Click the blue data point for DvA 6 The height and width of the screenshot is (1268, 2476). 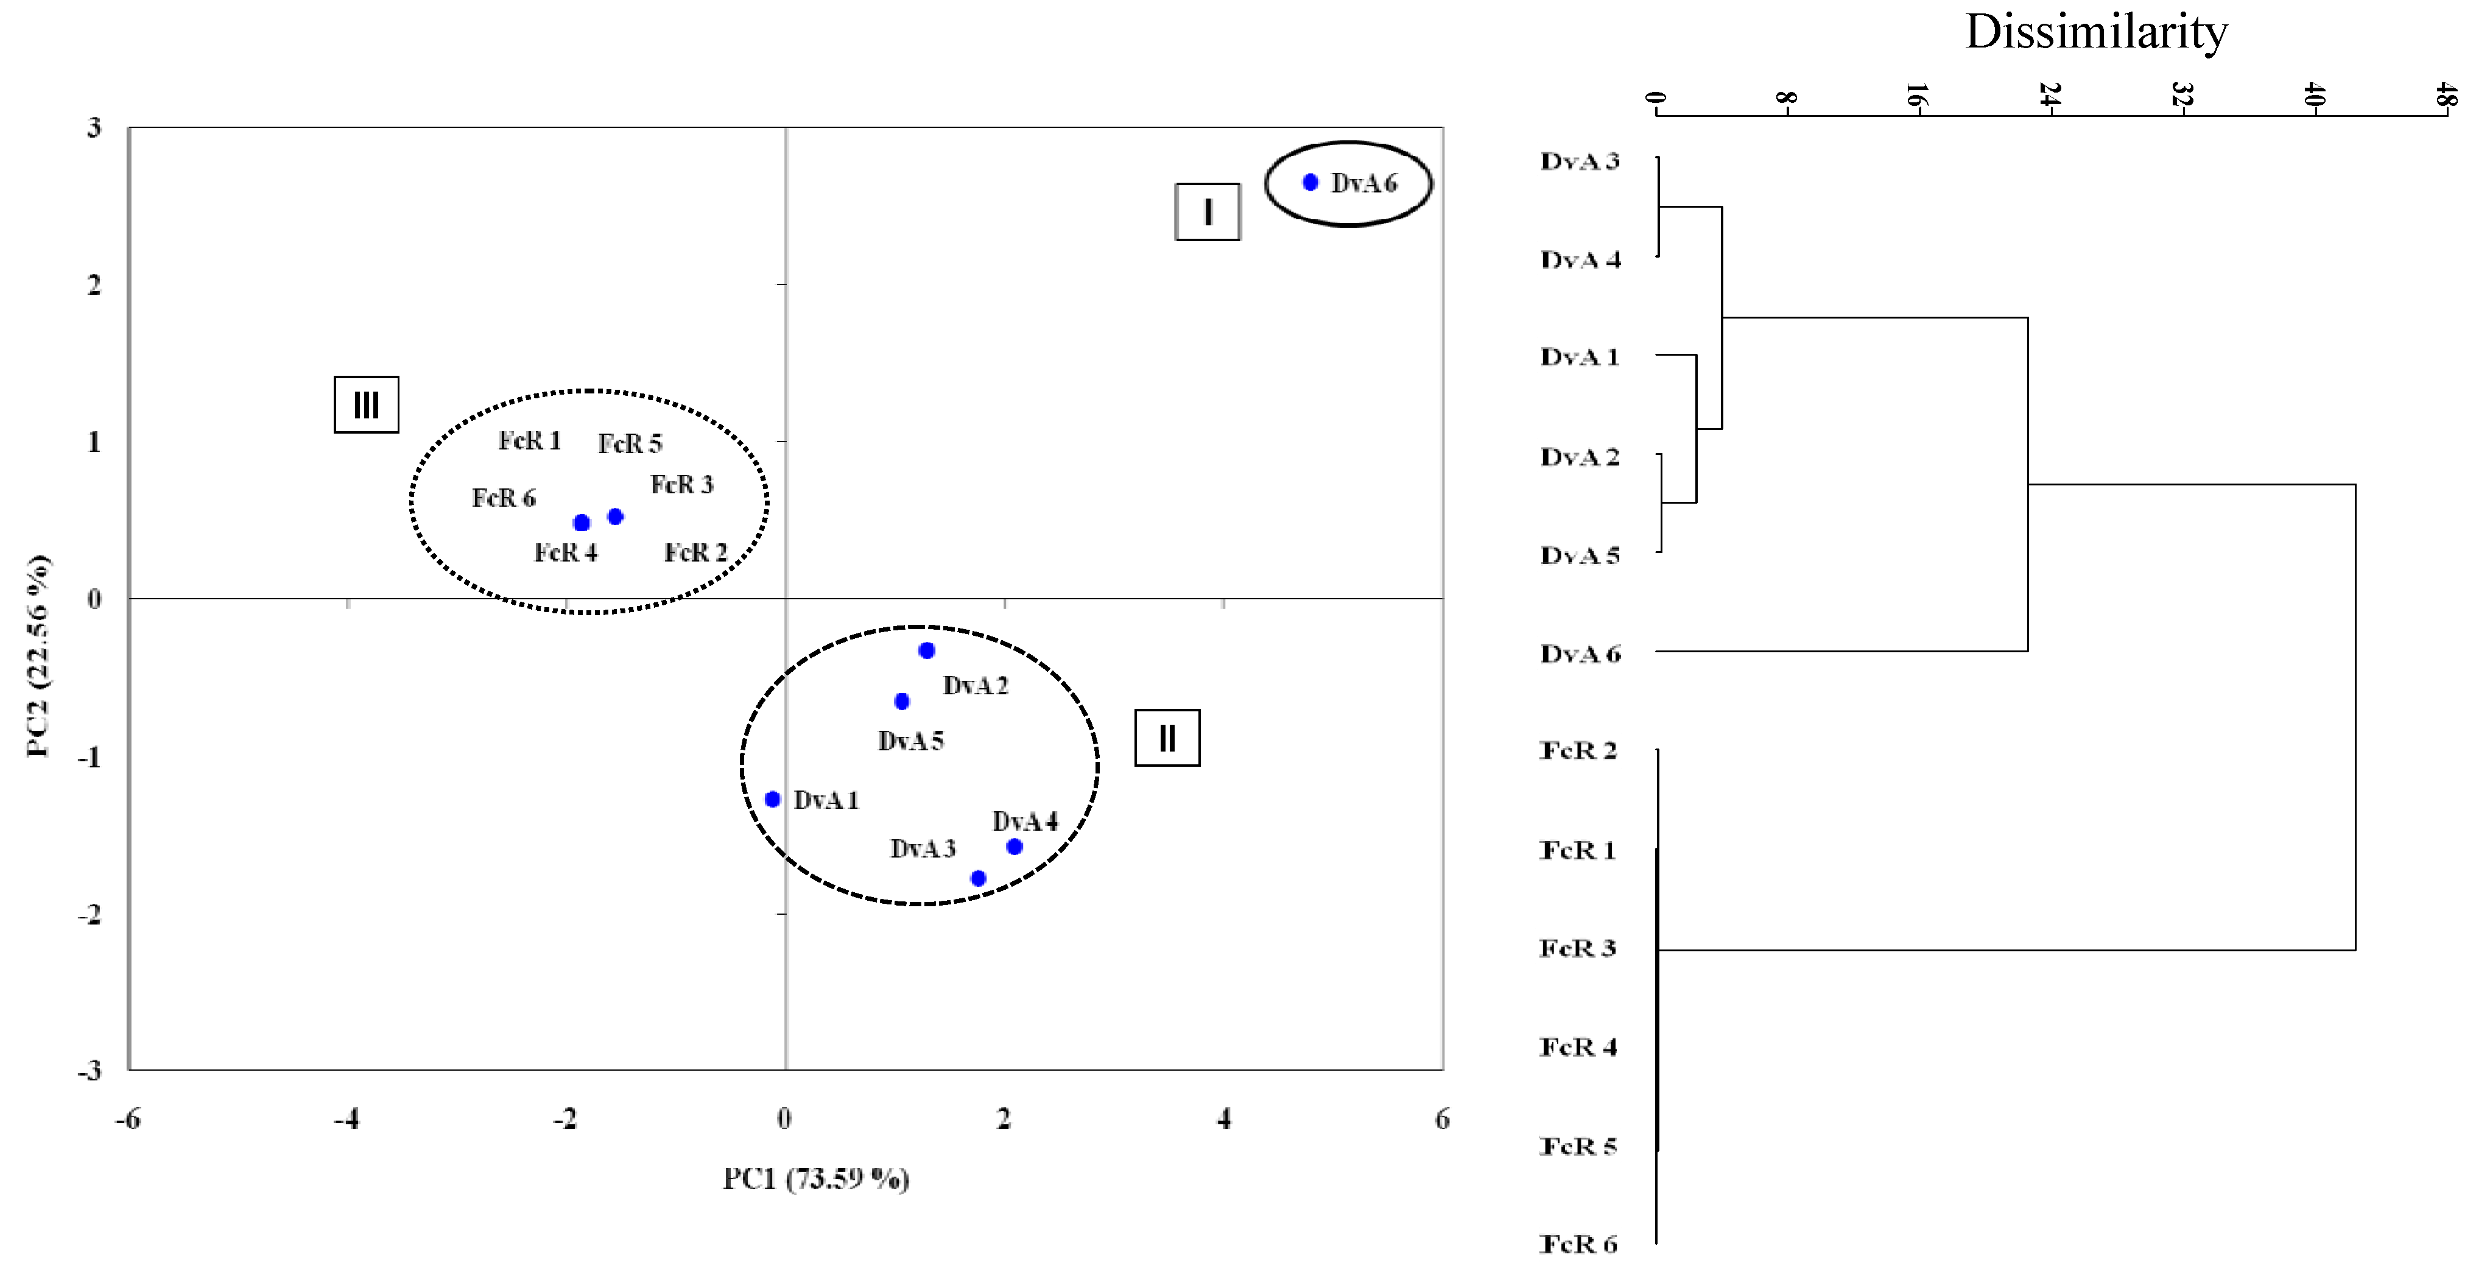(x=1310, y=183)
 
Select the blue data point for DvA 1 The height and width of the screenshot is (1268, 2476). (x=772, y=799)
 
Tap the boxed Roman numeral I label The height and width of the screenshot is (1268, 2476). (x=1207, y=211)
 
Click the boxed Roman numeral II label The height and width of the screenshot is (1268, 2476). (x=1167, y=738)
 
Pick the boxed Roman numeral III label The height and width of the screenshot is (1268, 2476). (x=366, y=405)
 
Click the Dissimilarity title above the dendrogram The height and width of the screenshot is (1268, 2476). (x=2097, y=32)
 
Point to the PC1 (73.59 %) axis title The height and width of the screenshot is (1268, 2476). (x=816, y=1178)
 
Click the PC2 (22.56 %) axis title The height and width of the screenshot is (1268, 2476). (x=38, y=656)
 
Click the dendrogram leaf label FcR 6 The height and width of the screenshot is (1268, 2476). (x=1578, y=1244)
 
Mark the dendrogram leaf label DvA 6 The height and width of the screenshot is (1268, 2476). (x=1580, y=653)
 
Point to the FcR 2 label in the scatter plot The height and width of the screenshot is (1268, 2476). (x=695, y=553)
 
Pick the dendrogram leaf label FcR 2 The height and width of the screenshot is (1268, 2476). (x=1578, y=750)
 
